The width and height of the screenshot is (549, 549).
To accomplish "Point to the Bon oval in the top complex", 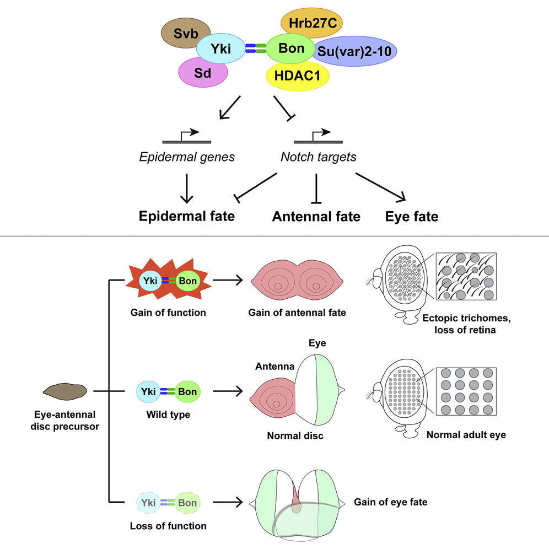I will point(291,49).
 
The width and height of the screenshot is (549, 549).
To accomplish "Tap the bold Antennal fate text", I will point(316,217).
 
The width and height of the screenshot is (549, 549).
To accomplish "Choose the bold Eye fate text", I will point(412,217).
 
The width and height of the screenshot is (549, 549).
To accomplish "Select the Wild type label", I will point(168,414).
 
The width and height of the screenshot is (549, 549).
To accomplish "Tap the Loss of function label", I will point(168,525).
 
